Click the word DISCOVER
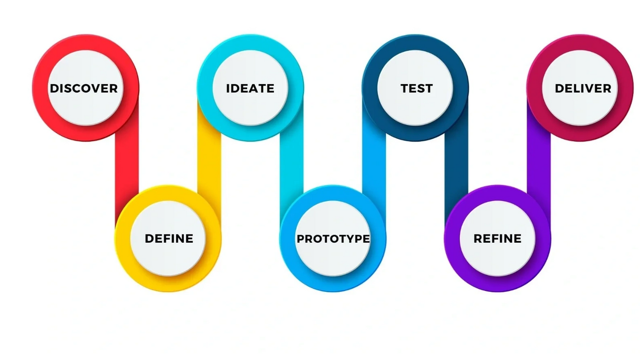tap(84, 88)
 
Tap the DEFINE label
tap(169, 239)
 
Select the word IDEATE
tap(250, 88)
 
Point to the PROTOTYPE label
tap(333, 239)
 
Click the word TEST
tap(416, 88)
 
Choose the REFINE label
tap(498, 239)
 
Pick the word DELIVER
tap(583, 88)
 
